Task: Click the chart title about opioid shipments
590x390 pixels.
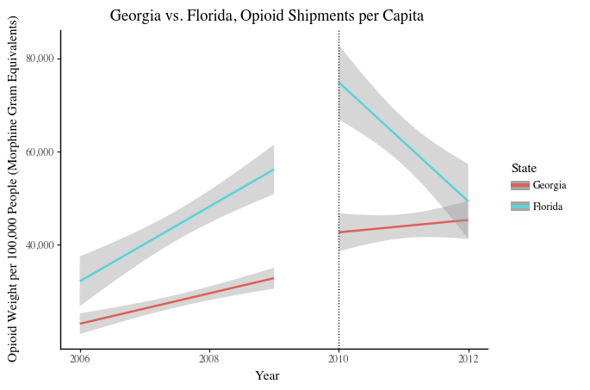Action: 267,15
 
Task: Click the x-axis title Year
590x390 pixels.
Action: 267,375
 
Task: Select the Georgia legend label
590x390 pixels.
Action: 550,185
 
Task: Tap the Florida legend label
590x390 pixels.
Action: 548,207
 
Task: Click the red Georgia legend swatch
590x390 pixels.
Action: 519,185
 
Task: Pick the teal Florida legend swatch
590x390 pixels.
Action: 519,207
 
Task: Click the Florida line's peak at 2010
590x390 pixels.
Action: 339,83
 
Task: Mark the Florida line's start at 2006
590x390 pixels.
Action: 80,281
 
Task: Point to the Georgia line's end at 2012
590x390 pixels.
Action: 468,220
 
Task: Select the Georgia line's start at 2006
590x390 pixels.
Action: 80,324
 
